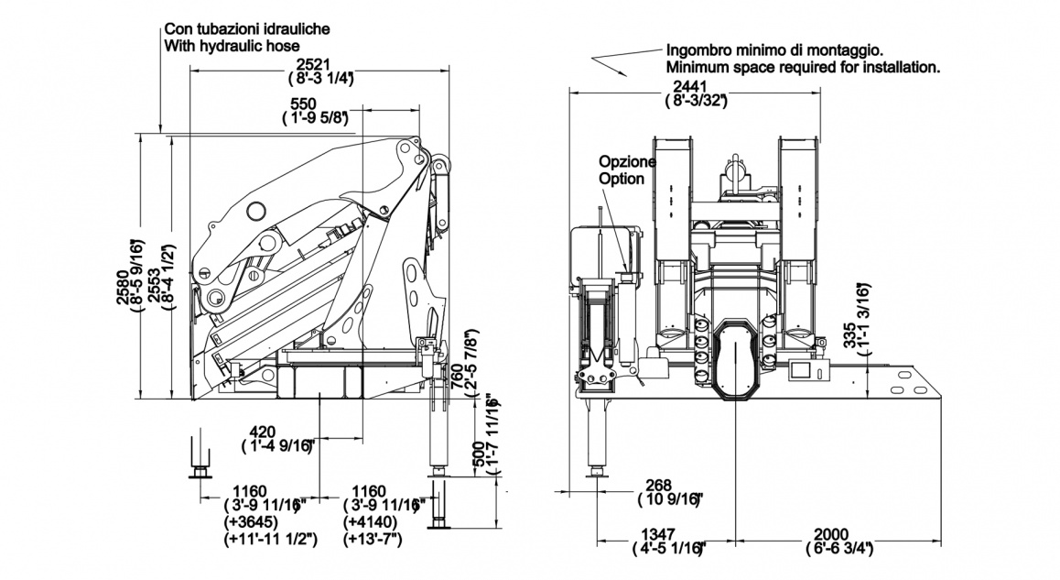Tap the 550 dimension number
[x=304, y=104]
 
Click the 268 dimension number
[x=657, y=485]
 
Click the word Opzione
[x=627, y=162]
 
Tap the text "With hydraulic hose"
[x=233, y=44]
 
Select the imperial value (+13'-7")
[x=373, y=539]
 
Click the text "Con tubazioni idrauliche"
[x=247, y=28]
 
